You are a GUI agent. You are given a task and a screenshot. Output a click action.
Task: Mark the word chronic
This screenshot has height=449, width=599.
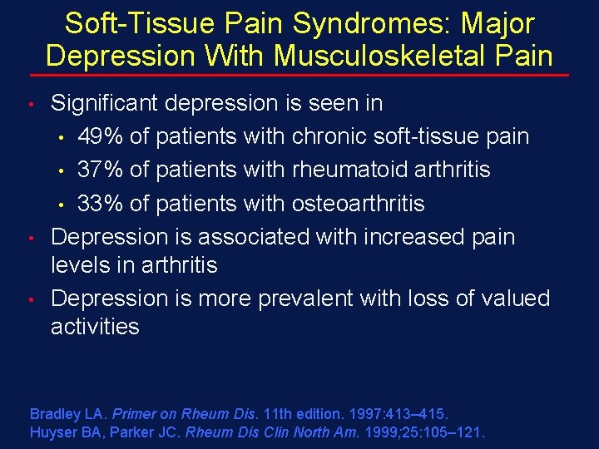(336, 136)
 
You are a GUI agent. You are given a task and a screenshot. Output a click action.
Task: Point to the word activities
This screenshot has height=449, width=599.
(95, 327)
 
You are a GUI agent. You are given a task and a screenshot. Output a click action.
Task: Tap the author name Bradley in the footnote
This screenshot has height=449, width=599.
(54, 413)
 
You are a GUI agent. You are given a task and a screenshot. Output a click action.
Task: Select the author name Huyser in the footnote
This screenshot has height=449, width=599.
(52, 432)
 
